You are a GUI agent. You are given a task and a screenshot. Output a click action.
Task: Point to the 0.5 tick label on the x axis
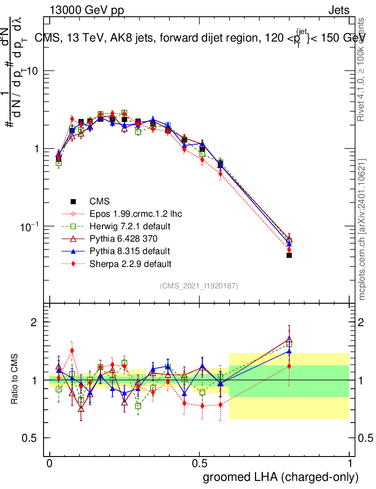[199, 464]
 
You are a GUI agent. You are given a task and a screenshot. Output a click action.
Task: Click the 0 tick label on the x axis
[50, 464]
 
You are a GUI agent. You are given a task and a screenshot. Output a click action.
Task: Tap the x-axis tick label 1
[349, 464]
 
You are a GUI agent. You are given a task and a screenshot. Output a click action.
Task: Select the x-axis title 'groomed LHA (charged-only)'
[281, 477]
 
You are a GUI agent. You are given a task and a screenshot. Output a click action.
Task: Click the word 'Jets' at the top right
[339, 10]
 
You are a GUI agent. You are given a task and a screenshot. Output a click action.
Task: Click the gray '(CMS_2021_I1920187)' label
[199, 286]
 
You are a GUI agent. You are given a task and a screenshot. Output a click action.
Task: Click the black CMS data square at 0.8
[289, 255]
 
